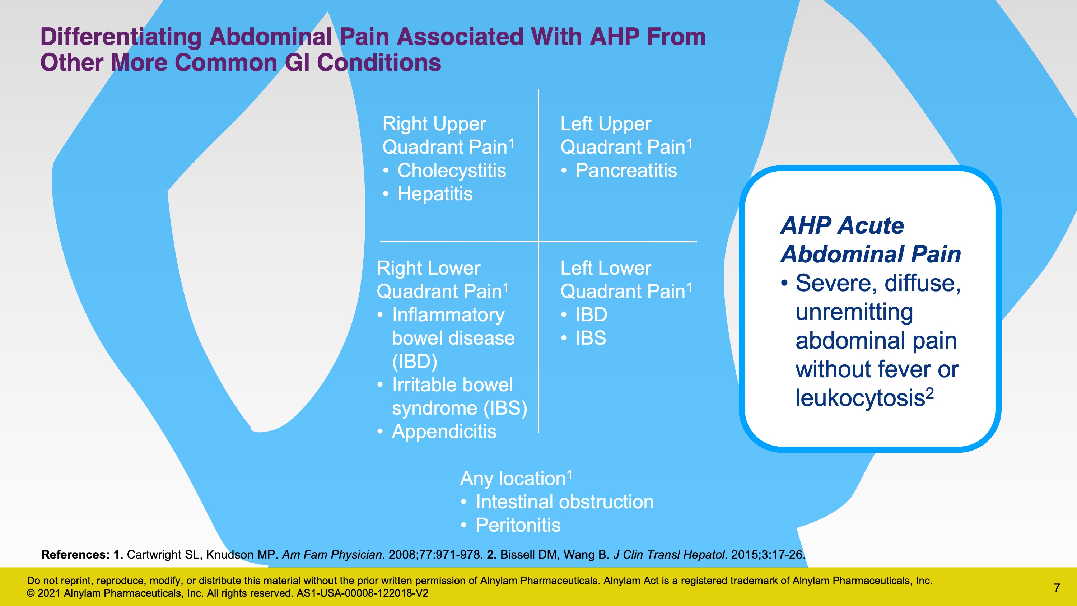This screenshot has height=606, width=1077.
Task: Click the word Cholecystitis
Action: (x=452, y=171)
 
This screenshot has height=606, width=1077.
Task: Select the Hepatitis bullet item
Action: (x=435, y=194)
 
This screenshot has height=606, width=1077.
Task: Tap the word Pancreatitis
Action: (x=626, y=171)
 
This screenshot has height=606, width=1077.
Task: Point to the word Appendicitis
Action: (x=444, y=432)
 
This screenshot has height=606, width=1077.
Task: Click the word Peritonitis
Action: (x=518, y=525)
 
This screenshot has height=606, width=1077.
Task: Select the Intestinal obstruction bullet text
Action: (x=564, y=502)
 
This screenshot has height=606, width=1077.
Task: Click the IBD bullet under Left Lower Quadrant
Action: (x=591, y=314)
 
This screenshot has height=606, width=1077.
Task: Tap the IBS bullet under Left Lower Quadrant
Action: (x=591, y=338)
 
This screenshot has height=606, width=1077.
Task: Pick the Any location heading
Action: (x=516, y=478)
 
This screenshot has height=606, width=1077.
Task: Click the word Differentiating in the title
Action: (x=121, y=37)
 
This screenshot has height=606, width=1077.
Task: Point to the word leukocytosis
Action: (x=860, y=398)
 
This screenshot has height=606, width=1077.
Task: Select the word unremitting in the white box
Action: (x=854, y=312)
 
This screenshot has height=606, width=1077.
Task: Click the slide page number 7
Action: (x=1057, y=588)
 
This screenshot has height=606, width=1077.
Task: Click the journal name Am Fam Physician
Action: (x=332, y=555)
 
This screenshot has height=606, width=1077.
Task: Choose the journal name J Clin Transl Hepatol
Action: (x=668, y=555)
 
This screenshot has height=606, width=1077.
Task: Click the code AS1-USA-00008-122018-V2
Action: (x=362, y=593)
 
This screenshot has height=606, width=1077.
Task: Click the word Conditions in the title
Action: (x=379, y=63)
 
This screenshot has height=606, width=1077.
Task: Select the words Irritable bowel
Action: (x=452, y=385)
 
